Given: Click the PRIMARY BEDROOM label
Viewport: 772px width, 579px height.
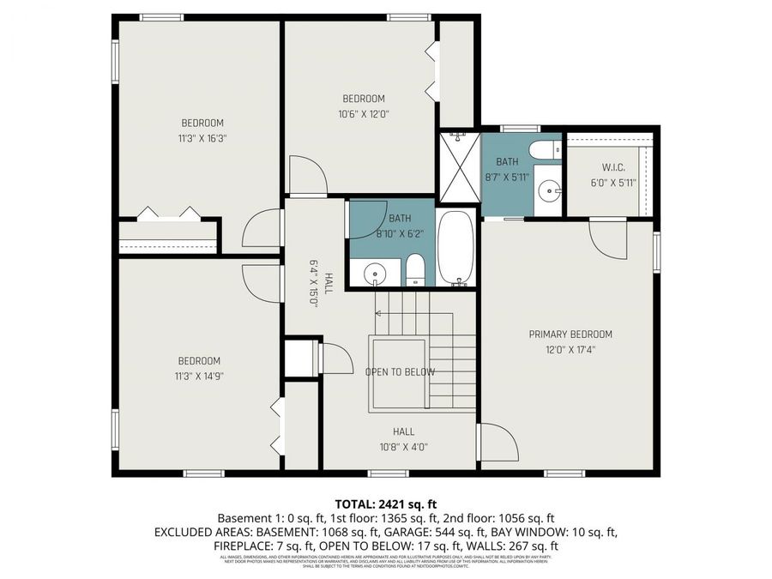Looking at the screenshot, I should click(570, 335).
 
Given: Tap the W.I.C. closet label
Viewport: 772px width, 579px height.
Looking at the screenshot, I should click(610, 166).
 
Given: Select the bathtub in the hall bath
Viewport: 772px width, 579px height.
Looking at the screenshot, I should click(456, 249).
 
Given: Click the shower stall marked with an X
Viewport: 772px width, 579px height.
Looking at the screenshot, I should click(459, 167).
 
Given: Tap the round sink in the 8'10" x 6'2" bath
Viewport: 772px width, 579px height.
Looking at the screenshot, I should click(374, 274).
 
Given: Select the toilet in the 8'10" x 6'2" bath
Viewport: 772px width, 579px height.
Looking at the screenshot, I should click(415, 270).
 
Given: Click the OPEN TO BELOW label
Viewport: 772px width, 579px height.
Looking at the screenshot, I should click(400, 372).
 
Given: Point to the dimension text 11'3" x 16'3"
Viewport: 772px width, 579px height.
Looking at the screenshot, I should click(202, 138).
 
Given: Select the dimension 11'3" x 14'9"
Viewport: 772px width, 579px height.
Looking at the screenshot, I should click(199, 376).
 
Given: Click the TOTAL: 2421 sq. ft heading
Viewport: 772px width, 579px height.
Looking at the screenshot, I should click(385, 504).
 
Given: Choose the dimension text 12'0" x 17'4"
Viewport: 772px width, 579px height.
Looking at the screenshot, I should click(570, 350).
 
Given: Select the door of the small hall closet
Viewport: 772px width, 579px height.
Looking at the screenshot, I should click(335, 357).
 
